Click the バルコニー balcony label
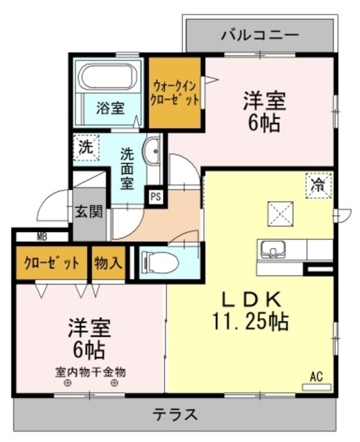(259, 34)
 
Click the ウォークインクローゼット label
(176, 93)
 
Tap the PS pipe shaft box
(156, 196)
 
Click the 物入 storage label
(108, 263)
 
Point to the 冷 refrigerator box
(318, 185)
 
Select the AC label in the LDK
(316, 377)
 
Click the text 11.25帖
(250, 321)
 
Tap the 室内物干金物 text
(90, 372)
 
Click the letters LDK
(249, 299)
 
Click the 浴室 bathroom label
(110, 108)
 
